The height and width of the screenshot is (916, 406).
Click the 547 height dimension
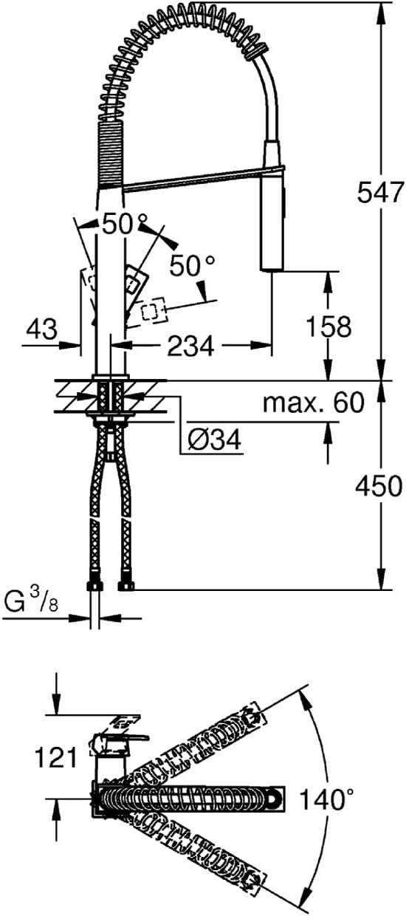[x=379, y=193]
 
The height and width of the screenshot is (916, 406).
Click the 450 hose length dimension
[x=379, y=486]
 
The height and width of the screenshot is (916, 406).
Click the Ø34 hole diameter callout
[x=214, y=442]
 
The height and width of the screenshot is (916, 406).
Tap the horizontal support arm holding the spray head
[x=192, y=180]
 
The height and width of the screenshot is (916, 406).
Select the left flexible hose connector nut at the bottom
[x=94, y=586]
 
